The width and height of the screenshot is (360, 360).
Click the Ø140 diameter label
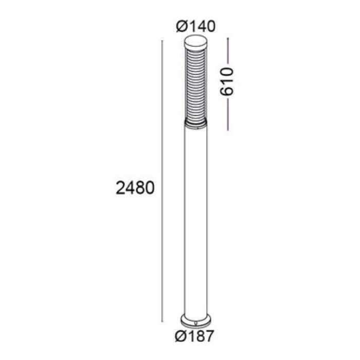click(196, 26)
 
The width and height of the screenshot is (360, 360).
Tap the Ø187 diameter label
click(194, 336)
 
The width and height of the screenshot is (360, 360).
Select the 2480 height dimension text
click(135, 188)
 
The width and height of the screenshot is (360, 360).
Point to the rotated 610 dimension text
click(227, 81)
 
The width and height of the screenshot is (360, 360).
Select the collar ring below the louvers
click(195, 123)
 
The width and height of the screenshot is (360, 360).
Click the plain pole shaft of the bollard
click(195, 221)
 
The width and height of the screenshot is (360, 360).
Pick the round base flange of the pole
click(195, 320)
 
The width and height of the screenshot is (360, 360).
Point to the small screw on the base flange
click(195, 324)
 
